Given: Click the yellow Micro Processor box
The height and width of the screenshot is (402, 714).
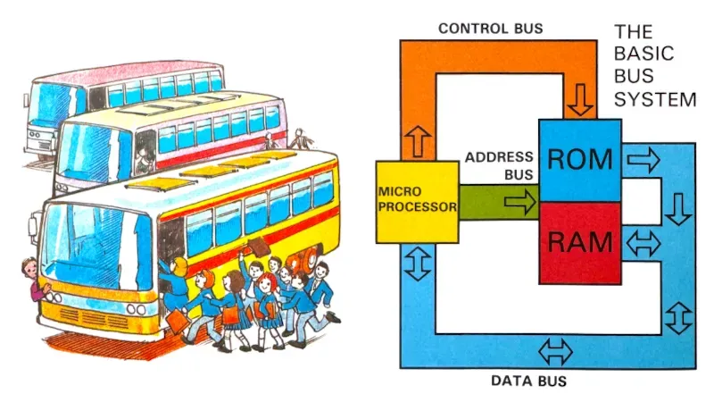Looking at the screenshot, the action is [x=417, y=202].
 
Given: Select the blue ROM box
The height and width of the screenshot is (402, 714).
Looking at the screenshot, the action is [x=580, y=161].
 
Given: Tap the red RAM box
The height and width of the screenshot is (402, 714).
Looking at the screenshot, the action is [x=580, y=243].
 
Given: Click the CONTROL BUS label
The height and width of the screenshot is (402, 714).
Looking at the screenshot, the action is [x=490, y=29].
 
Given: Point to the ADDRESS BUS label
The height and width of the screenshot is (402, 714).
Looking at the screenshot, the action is [x=499, y=166].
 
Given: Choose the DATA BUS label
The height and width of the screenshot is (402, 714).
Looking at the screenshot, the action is [x=528, y=381].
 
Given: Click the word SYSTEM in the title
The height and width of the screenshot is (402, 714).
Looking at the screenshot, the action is [x=655, y=99].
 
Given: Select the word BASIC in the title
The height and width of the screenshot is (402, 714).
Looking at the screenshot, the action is [x=643, y=54].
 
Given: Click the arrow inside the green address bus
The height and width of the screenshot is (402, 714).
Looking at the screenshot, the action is [x=520, y=202].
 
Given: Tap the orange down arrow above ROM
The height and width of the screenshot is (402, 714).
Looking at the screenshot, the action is [x=579, y=99].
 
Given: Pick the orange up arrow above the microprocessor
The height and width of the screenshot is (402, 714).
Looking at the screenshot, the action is [x=418, y=141].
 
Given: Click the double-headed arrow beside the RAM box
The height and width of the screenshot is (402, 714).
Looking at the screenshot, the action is [x=643, y=243].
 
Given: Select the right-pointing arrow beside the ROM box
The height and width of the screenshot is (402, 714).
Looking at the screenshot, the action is [x=643, y=160].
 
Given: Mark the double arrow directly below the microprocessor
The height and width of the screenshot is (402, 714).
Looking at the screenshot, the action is [x=418, y=263].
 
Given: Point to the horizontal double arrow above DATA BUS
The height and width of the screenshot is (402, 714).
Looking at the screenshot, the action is [x=555, y=352].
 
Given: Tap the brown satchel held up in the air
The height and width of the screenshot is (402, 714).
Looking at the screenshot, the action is [x=258, y=247].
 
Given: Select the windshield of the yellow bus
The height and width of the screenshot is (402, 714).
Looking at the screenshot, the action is [x=96, y=247].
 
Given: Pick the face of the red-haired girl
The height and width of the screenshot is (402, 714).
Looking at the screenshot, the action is [x=265, y=289].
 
